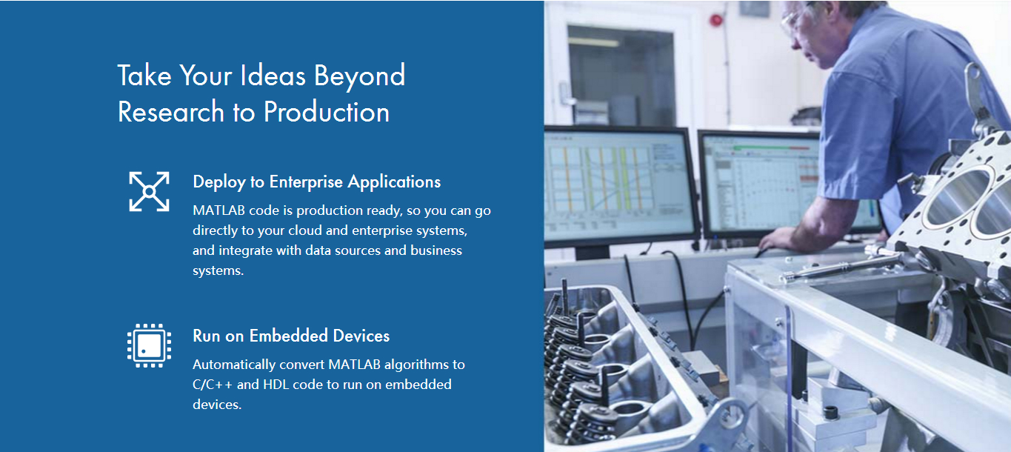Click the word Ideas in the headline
[x=273, y=76]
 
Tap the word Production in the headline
[x=327, y=112]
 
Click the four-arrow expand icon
[x=149, y=191]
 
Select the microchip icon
[x=149, y=346]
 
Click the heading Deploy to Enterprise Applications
[x=316, y=182]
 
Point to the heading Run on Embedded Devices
[x=291, y=336]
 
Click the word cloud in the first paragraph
[x=305, y=230]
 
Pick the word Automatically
[x=234, y=365]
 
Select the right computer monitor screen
[x=763, y=186]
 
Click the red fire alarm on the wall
[x=715, y=20]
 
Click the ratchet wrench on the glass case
[x=839, y=263]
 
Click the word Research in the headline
[x=170, y=112]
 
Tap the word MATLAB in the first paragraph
[x=219, y=210]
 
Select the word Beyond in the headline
[x=359, y=76]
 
